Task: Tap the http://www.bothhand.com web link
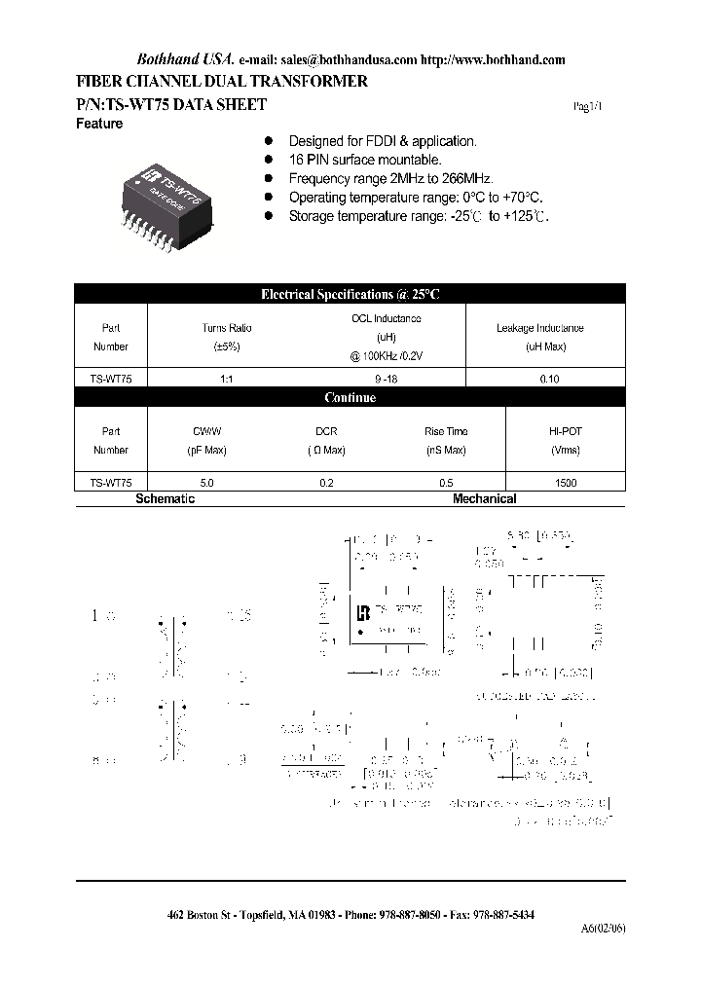pyautogui.click(x=494, y=59)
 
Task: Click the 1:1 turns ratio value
pyautogui.click(x=226, y=381)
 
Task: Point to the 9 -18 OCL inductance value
pyautogui.click(x=386, y=381)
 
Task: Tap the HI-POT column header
pyautogui.click(x=566, y=431)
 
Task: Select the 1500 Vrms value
pyautogui.click(x=566, y=483)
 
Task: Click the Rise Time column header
pyautogui.click(x=446, y=431)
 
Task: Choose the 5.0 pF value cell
pyautogui.click(x=206, y=483)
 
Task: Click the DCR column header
pyautogui.click(x=325, y=431)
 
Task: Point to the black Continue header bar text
pyautogui.click(x=350, y=398)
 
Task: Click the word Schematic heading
pyautogui.click(x=165, y=498)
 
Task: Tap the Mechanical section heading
pyautogui.click(x=484, y=498)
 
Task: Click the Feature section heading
pyautogui.click(x=99, y=124)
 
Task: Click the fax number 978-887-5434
pyautogui.click(x=500, y=915)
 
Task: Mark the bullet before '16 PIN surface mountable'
pyautogui.click(x=269, y=160)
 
